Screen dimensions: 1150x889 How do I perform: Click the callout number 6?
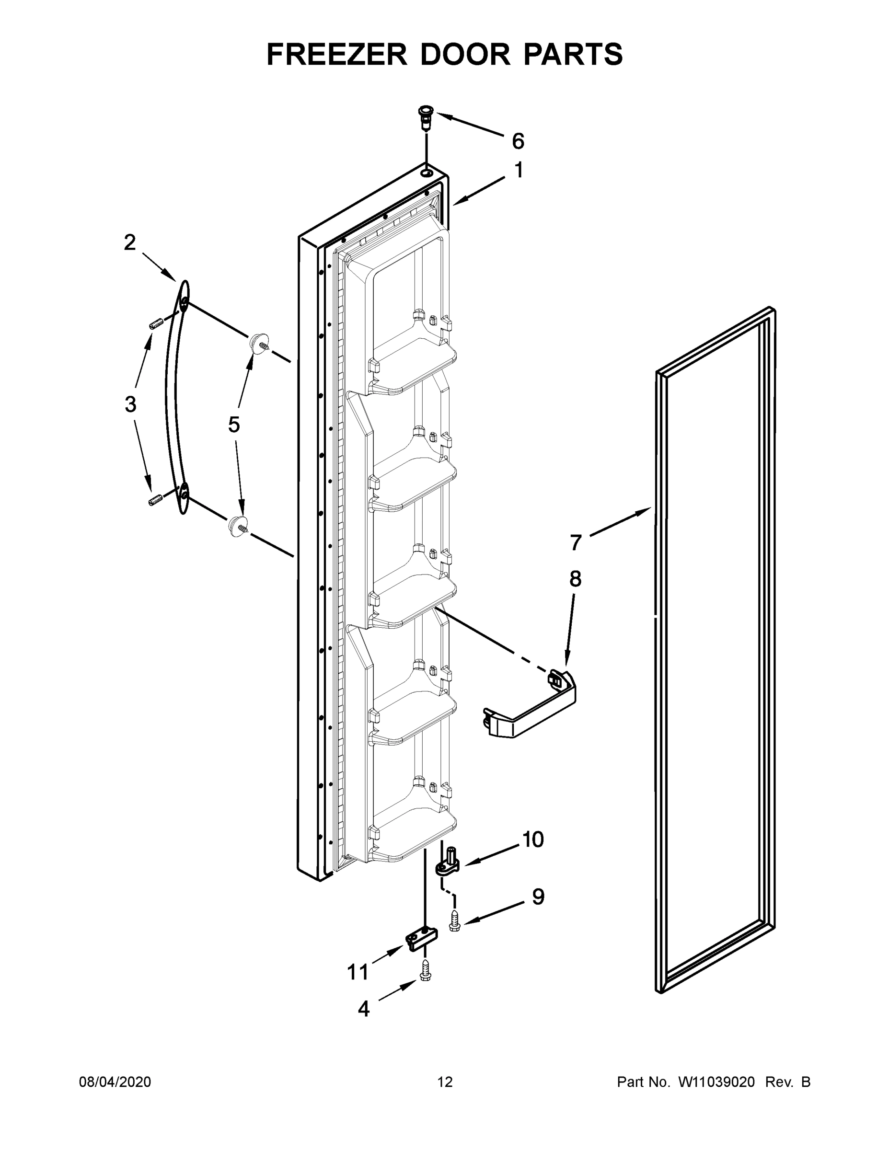tap(518, 141)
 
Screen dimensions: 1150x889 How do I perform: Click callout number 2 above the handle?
tap(129, 243)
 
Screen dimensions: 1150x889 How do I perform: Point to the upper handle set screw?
tap(154, 324)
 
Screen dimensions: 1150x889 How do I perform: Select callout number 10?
tap(533, 840)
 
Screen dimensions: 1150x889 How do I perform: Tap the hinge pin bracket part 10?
tap(448, 863)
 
